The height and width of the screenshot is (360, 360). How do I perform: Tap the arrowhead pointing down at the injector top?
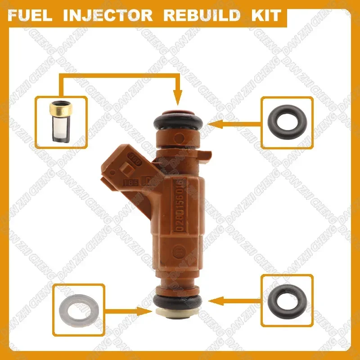pyautogui.click(x=178, y=96)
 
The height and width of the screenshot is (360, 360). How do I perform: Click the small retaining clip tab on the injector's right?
pyautogui.click(x=204, y=155)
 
